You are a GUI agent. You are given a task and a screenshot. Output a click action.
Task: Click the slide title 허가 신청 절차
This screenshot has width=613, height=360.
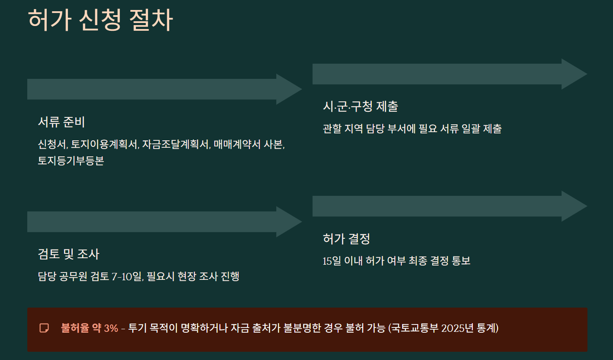coord(100,19)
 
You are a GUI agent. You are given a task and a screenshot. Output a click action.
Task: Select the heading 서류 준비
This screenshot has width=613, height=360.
coord(61,122)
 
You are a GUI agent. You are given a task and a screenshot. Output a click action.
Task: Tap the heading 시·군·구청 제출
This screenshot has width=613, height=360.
coord(360,107)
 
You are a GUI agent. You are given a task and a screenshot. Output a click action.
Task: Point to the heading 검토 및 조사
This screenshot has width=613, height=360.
coord(68,254)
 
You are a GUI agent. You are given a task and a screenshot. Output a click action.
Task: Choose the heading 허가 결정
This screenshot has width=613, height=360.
coord(346,239)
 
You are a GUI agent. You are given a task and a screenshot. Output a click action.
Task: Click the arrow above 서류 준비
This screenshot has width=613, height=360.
coord(164,89)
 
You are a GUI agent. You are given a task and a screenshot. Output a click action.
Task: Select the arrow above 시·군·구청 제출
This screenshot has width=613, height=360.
coord(449,74)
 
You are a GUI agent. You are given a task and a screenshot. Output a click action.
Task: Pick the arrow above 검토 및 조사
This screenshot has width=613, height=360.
coord(164,222)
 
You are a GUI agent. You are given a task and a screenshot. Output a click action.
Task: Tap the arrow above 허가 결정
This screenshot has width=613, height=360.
coord(449,206)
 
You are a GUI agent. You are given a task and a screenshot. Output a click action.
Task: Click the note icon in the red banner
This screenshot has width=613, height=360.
coord(44,328)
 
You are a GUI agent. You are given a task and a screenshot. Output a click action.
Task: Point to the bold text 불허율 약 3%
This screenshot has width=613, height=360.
coord(90,328)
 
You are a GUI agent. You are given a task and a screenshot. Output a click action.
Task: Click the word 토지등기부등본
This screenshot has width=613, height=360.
coord(71,161)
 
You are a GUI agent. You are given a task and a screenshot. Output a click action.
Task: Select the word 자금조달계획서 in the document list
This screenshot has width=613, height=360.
coord(176,144)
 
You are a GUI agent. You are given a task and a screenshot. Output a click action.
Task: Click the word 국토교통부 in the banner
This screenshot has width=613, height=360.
coord(414,328)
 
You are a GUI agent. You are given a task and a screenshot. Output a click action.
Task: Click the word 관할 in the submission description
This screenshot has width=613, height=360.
coord(332,129)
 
